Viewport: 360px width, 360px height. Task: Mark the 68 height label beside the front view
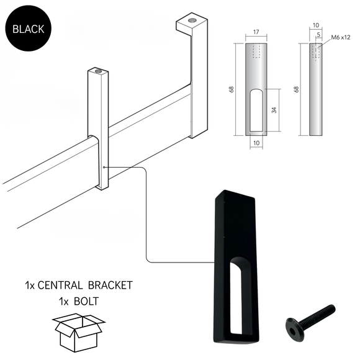coord(232,89)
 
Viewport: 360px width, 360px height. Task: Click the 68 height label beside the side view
coord(297,89)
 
